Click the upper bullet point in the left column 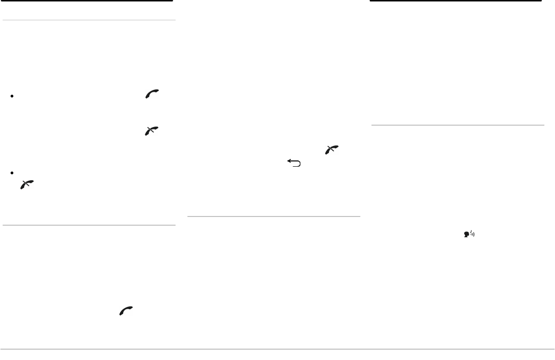click(x=10, y=96)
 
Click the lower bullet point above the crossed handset click(x=10, y=173)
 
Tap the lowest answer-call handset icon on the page click(x=126, y=312)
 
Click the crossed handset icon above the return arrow click(x=331, y=150)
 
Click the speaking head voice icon click(x=469, y=234)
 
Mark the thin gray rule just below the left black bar click(x=89, y=20)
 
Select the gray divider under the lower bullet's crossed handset click(x=89, y=225)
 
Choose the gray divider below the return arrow click(x=273, y=216)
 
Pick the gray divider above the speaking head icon click(x=457, y=125)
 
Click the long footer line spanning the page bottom click(x=277, y=349)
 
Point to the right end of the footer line click(x=554, y=349)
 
